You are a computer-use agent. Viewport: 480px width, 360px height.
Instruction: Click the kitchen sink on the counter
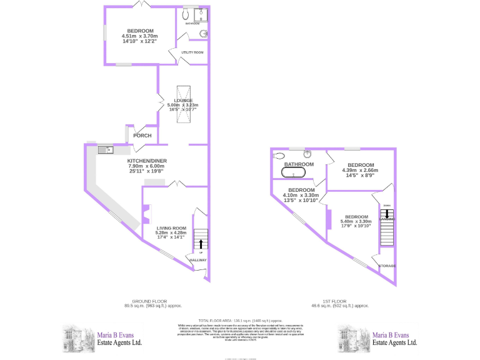105,149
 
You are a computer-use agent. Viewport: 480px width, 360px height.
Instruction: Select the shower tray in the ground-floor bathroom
201,14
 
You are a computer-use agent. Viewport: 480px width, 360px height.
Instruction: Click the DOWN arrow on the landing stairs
387,214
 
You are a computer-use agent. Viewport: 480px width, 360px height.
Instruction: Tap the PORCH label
142,136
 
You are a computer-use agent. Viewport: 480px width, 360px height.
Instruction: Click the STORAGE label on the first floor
387,266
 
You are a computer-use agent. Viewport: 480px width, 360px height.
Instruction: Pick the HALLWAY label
198,260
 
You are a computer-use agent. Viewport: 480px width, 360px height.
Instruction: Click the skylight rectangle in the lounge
184,103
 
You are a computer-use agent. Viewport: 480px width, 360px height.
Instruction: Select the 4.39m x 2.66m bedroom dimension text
357,171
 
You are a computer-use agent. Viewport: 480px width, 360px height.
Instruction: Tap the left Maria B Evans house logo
76,338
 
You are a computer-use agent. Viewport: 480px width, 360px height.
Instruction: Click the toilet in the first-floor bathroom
279,156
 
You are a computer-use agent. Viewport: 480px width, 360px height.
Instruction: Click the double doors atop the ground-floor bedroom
143,5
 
